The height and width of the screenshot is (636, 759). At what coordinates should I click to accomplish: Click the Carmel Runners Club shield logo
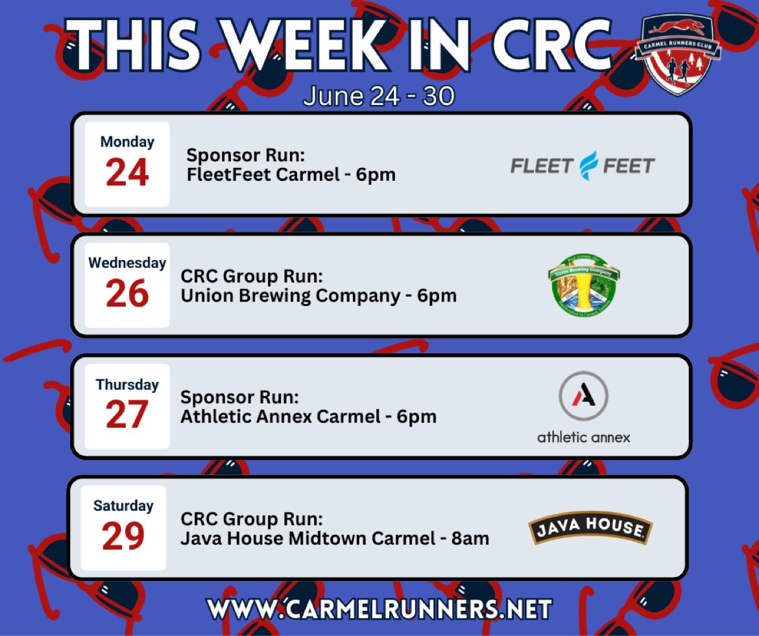pyautogui.click(x=677, y=55)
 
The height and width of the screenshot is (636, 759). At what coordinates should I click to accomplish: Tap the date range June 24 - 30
pyautogui.click(x=379, y=96)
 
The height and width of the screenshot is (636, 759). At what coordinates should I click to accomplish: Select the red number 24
pyautogui.click(x=127, y=173)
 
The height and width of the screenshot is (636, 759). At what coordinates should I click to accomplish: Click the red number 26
pyautogui.click(x=127, y=294)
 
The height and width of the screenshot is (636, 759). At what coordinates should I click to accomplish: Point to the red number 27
pyautogui.click(x=127, y=416)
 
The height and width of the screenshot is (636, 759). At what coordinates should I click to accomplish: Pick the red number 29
pyautogui.click(x=123, y=537)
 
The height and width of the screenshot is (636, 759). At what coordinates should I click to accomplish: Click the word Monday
pyautogui.click(x=127, y=141)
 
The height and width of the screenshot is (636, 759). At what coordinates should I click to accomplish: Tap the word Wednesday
pyautogui.click(x=127, y=263)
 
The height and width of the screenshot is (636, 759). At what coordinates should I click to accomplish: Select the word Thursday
pyautogui.click(x=127, y=384)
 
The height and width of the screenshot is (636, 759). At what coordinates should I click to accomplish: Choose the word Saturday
pyautogui.click(x=123, y=505)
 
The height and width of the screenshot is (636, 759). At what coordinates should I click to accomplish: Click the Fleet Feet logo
pyautogui.click(x=583, y=166)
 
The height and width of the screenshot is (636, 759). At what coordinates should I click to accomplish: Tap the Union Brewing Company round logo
pyautogui.click(x=584, y=285)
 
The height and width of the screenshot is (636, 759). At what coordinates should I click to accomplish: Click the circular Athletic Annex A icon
pyautogui.click(x=583, y=396)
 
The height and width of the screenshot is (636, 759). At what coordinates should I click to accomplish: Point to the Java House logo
pyautogui.click(x=590, y=528)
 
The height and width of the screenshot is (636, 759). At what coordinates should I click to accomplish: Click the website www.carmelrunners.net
pyautogui.click(x=379, y=609)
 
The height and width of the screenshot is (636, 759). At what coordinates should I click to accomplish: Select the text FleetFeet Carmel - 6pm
pyautogui.click(x=291, y=174)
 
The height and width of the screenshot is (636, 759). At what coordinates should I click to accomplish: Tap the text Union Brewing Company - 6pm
pyautogui.click(x=319, y=296)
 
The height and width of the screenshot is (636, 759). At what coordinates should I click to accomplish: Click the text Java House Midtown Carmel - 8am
pyautogui.click(x=335, y=538)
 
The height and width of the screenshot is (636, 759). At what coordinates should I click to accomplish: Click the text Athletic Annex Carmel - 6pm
pyautogui.click(x=308, y=416)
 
